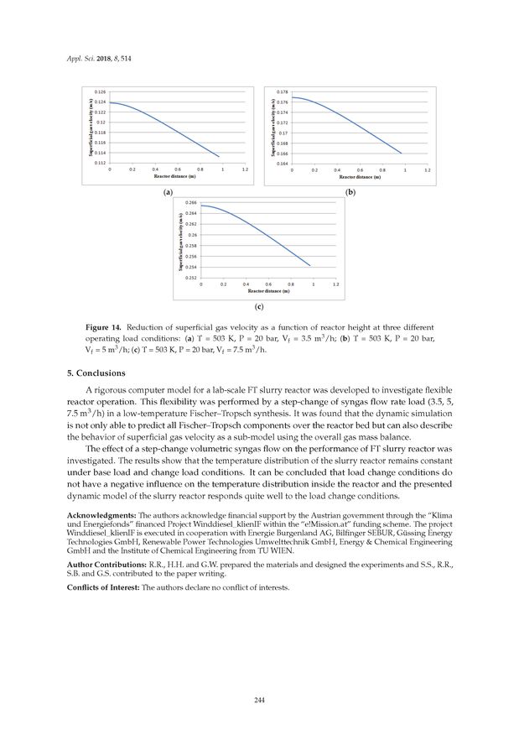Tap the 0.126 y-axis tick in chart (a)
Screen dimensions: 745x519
click(x=100, y=91)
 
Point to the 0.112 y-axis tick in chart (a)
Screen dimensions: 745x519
click(x=100, y=164)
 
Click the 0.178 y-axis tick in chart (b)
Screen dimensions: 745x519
click(x=283, y=91)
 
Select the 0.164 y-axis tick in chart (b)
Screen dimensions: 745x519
click(x=283, y=164)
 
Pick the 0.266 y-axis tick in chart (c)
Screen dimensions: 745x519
click(x=192, y=204)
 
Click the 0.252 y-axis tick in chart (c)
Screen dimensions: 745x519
click(x=192, y=277)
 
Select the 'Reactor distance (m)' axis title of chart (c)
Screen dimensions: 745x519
click(x=267, y=290)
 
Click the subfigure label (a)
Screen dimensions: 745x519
click(x=169, y=192)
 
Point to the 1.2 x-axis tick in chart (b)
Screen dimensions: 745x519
click(x=428, y=170)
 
